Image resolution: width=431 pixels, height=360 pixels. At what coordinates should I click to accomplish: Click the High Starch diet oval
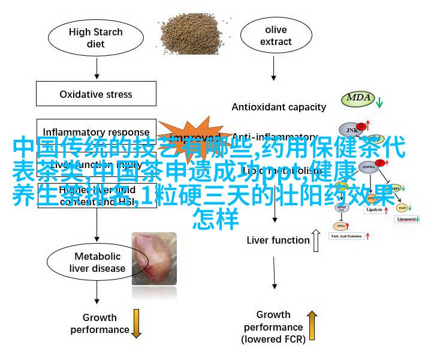click(x=95, y=38)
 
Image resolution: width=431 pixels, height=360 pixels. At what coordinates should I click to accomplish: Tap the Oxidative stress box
click(x=96, y=94)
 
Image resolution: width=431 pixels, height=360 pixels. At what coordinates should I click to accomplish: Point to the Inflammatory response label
click(x=96, y=132)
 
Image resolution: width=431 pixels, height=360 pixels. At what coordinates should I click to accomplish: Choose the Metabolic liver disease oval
click(x=97, y=262)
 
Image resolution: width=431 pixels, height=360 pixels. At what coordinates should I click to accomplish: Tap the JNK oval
click(x=350, y=129)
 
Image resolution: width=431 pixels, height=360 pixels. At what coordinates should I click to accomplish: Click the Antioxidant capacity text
click(x=279, y=107)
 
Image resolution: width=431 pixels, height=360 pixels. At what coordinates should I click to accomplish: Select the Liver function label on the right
click(x=278, y=240)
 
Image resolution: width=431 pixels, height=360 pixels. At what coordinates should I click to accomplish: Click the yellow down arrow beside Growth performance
click(x=136, y=323)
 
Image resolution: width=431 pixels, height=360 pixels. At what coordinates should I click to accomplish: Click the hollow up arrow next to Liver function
click(x=316, y=239)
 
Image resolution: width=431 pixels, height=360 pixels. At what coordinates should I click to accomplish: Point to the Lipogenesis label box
click(x=409, y=219)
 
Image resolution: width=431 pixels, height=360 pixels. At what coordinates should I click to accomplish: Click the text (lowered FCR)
click(x=274, y=339)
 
